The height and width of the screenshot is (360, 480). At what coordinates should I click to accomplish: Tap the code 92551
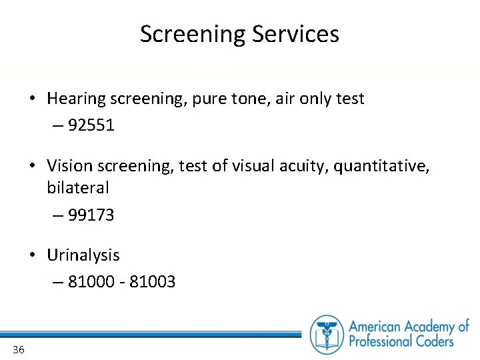[x=91, y=125]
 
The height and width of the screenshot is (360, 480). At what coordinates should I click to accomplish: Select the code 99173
[x=91, y=215]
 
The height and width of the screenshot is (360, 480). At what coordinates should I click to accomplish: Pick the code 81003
[x=153, y=282]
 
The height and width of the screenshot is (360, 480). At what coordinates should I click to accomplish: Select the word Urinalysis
[x=83, y=255]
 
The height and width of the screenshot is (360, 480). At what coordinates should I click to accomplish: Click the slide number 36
[x=18, y=349]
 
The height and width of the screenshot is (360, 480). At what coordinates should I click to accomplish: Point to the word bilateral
[x=77, y=188]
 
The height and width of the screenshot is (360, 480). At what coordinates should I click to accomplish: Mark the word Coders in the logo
[x=433, y=341]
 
